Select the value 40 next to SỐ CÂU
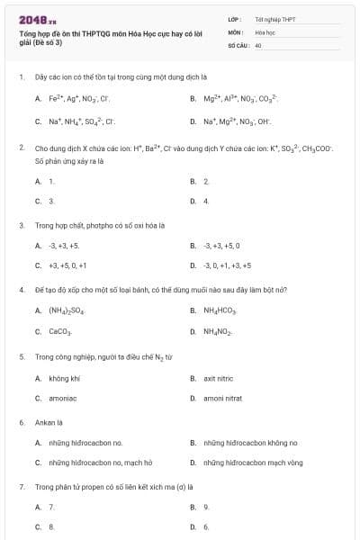click(x=258, y=43)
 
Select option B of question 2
click(x=206, y=181)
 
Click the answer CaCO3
click(x=60, y=332)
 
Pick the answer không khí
click(x=64, y=378)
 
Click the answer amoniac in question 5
click(x=63, y=399)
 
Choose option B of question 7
click(x=206, y=507)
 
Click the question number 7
click(x=21, y=486)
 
